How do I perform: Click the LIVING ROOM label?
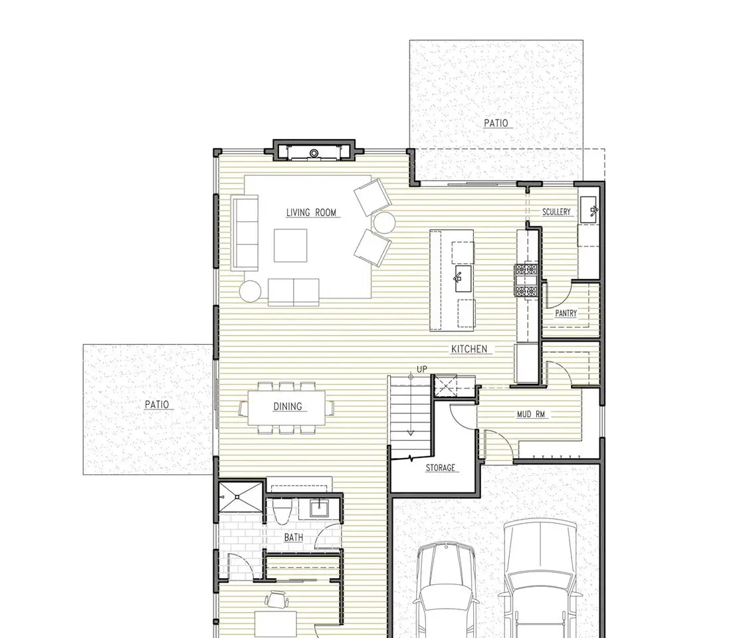click(x=311, y=213)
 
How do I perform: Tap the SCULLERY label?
click(x=556, y=212)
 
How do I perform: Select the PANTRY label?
click(x=566, y=313)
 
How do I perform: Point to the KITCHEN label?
click(x=469, y=349)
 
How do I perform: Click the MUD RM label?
click(x=531, y=414)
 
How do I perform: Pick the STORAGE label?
click(x=440, y=467)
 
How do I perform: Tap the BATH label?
click(x=293, y=537)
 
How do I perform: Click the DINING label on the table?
click(x=288, y=406)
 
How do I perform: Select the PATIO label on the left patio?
click(x=157, y=404)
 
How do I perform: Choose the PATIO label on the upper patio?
click(x=496, y=123)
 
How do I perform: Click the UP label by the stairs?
click(x=421, y=369)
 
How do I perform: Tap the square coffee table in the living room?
click(x=291, y=245)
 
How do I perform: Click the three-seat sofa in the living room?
click(x=245, y=233)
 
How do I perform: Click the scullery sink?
click(x=589, y=210)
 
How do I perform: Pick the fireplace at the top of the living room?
click(x=314, y=152)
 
